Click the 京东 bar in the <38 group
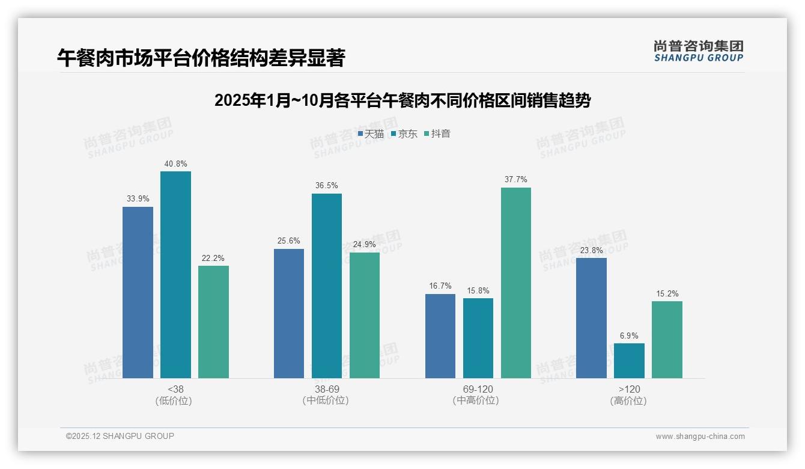[x=175, y=275]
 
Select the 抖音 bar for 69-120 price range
[x=516, y=283]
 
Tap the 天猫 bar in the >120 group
[x=591, y=318]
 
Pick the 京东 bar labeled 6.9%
[x=629, y=361]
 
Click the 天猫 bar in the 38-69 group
[x=289, y=313]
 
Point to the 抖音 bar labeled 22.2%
[x=213, y=322]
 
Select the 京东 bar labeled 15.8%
[x=478, y=338]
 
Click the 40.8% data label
[x=175, y=164]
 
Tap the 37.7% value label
[x=516, y=180]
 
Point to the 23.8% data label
[x=591, y=250]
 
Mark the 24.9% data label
[x=365, y=245]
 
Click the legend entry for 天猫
[x=371, y=134]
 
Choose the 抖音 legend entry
[x=437, y=134]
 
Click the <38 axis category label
[x=175, y=389]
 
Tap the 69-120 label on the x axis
[x=478, y=389]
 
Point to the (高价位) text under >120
[x=629, y=401]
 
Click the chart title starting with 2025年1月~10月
[x=402, y=100]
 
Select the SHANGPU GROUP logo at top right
[x=698, y=51]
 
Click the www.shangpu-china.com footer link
[x=700, y=437]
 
